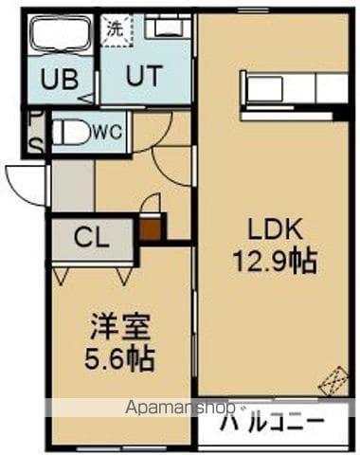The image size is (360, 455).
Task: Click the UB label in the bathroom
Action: pos(60,79)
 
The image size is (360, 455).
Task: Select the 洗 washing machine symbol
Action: pos(114,28)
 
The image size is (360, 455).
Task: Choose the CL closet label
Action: pos(92,236)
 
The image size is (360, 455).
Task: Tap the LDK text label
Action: pos(275,228)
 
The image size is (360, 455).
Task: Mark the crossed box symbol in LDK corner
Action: pos(334,380)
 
